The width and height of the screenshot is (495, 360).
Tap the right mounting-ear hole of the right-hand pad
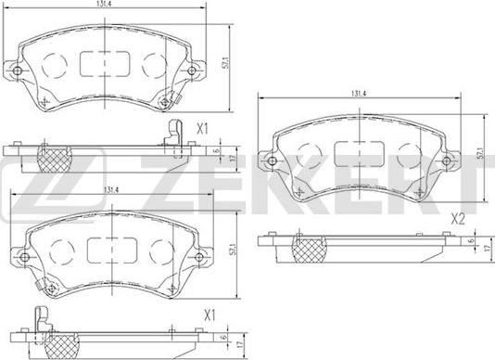point(451,161)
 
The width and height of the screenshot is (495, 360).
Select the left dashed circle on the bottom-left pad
point(62,250)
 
